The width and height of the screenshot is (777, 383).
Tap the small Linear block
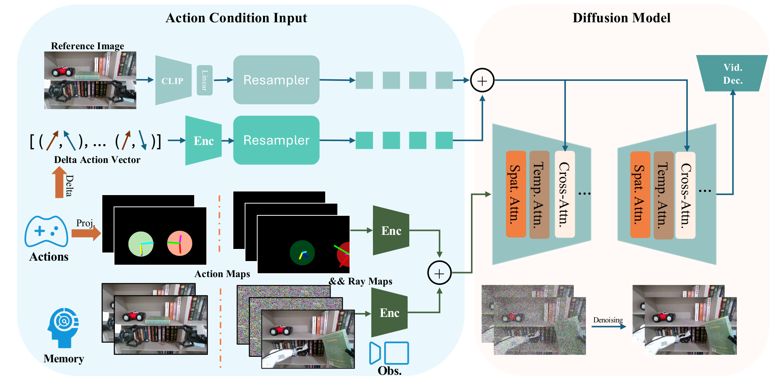pos(204,80)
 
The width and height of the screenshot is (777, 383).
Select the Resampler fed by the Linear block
pos(276,80)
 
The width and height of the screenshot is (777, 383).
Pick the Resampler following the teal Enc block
pos(276,140)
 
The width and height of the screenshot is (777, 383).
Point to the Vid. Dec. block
pos(732,73)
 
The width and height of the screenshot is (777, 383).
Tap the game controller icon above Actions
pos(47,231)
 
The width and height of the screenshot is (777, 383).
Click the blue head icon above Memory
pos(64,328)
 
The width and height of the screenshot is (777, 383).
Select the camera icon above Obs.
pos(389,353)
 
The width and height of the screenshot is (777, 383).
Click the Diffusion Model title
pos(621,18)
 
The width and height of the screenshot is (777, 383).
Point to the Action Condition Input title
pos(236,18)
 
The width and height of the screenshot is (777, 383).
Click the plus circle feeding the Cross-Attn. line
pos(482,81)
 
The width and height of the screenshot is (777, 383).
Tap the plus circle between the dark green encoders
pos(439,273)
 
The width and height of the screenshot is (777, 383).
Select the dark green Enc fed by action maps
pos(391,231)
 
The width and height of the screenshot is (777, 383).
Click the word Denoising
pos(608,320)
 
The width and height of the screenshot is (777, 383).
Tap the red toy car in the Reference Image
pos(62,72)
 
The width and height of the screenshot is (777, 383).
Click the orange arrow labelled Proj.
pos(86,233)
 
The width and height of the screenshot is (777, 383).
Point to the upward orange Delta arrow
pos(59,182)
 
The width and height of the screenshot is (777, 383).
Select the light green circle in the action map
pos(141,244)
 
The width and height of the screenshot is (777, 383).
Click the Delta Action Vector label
pos(97,160)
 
